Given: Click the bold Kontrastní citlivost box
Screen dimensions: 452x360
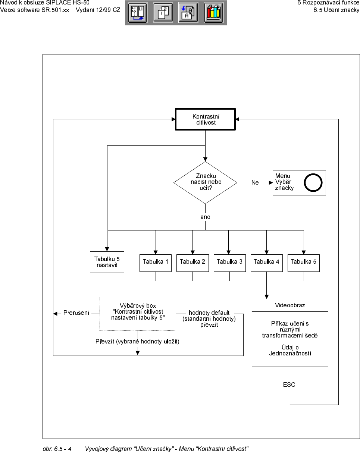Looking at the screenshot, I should [206, 119].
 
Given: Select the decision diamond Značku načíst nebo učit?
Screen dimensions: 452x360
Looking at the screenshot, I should [205, 182].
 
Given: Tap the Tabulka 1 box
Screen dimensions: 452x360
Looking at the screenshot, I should [156, 262].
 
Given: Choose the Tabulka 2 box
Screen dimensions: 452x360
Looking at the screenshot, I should [192, 262].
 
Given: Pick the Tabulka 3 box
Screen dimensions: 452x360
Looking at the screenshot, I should [229, 262].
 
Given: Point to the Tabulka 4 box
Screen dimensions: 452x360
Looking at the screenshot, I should [266, 262].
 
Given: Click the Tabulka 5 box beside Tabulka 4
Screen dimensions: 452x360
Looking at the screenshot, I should [303, 262].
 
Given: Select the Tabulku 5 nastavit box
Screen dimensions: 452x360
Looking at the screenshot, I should [107, 262].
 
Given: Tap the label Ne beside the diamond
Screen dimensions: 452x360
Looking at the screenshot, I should [255, 183].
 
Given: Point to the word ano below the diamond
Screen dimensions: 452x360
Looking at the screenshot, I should [205, 217].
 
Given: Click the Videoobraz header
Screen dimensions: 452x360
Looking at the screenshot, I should [290, 305].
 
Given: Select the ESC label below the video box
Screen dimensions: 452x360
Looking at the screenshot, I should [289, 384].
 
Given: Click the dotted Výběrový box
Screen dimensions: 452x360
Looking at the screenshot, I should [138, 314].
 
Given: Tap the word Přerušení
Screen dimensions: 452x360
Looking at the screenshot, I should [76, 313].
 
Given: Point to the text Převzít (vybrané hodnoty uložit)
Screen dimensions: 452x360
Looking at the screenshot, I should [137, 341].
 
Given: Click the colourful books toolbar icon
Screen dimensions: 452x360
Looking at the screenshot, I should [214, 13].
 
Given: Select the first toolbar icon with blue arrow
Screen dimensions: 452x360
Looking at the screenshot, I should [138, 13].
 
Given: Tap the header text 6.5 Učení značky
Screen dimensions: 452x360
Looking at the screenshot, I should [336, 10].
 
